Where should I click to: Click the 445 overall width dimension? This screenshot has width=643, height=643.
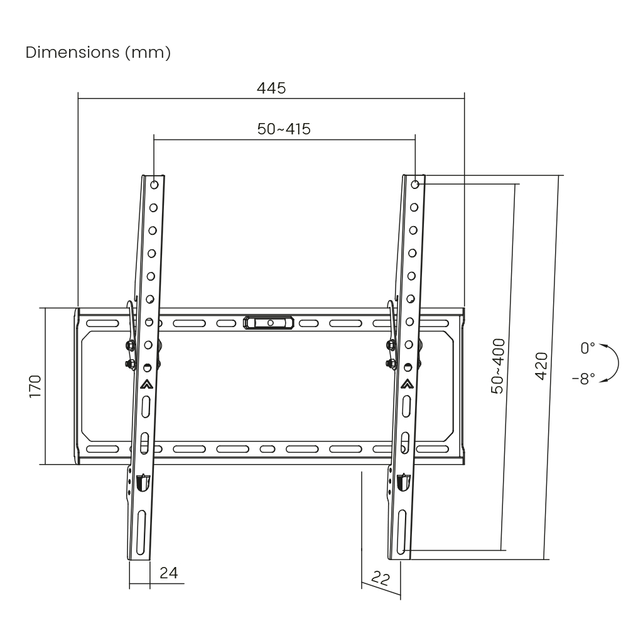coord(271,88)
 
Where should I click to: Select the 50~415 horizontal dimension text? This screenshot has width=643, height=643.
coord(284,129)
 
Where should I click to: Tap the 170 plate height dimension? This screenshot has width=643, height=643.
coord(35,386)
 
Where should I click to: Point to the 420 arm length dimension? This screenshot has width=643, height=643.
coord(542,365)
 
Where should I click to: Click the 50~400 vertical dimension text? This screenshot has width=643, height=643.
coord(498,365)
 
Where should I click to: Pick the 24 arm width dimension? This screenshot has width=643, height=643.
coord(168,573)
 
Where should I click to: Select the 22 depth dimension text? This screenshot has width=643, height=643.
coord(381,579)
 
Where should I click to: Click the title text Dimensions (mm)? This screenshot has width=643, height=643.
coord(98,53)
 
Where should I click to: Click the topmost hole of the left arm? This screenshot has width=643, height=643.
coord(154,185)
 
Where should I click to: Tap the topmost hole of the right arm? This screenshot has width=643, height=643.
coord(415,184)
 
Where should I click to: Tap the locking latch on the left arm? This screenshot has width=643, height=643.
coord(143,482)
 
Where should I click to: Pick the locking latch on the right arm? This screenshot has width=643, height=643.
coord(403,482)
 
